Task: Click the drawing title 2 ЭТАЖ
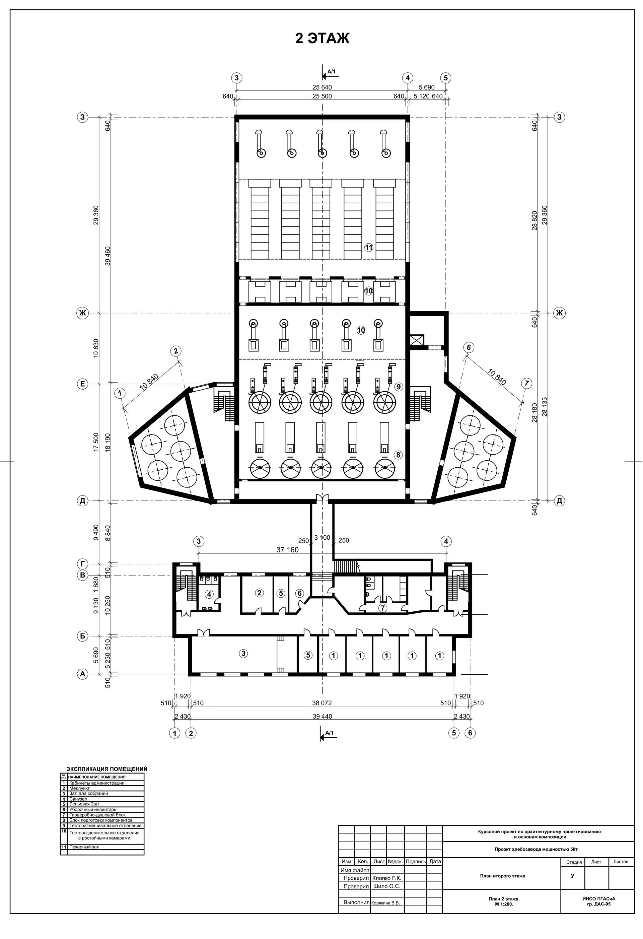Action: (322, 39)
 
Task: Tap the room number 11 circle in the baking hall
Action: (368, 248)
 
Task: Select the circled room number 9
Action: (399, 387)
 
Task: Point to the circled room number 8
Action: (398, 455)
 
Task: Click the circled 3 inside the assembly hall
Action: (243, 653)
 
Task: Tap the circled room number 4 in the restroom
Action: (209, 594)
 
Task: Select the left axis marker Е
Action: (82, 384)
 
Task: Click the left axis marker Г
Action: (82, 564)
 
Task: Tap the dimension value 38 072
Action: (322, 703)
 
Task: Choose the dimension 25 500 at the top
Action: (322, 96)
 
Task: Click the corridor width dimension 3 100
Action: (322, 538)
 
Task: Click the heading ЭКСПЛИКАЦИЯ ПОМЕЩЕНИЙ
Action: (106, 769)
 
